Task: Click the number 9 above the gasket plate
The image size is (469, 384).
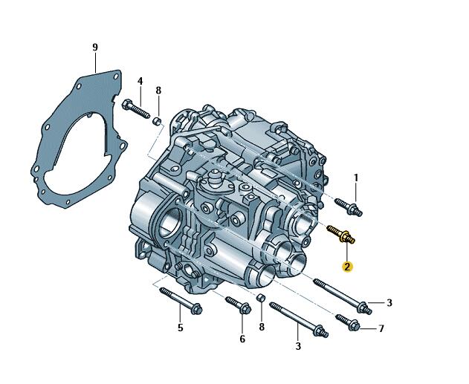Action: (x=95, y=48)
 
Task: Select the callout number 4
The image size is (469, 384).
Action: (x=140, y=81)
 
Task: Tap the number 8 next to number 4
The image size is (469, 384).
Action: (x=158, y=91)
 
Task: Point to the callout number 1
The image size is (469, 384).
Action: (x=356, y=178)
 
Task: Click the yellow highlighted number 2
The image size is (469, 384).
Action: (x=347, y=266)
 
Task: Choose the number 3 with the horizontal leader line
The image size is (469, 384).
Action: (x=389, y=303)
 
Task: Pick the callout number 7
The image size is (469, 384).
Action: (x=381, y=329)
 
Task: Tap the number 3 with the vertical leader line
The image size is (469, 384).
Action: (x=298, y=346)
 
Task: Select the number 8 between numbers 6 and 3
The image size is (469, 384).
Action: (x=262, y=327)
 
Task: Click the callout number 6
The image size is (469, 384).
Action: (x=242, y=339)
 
